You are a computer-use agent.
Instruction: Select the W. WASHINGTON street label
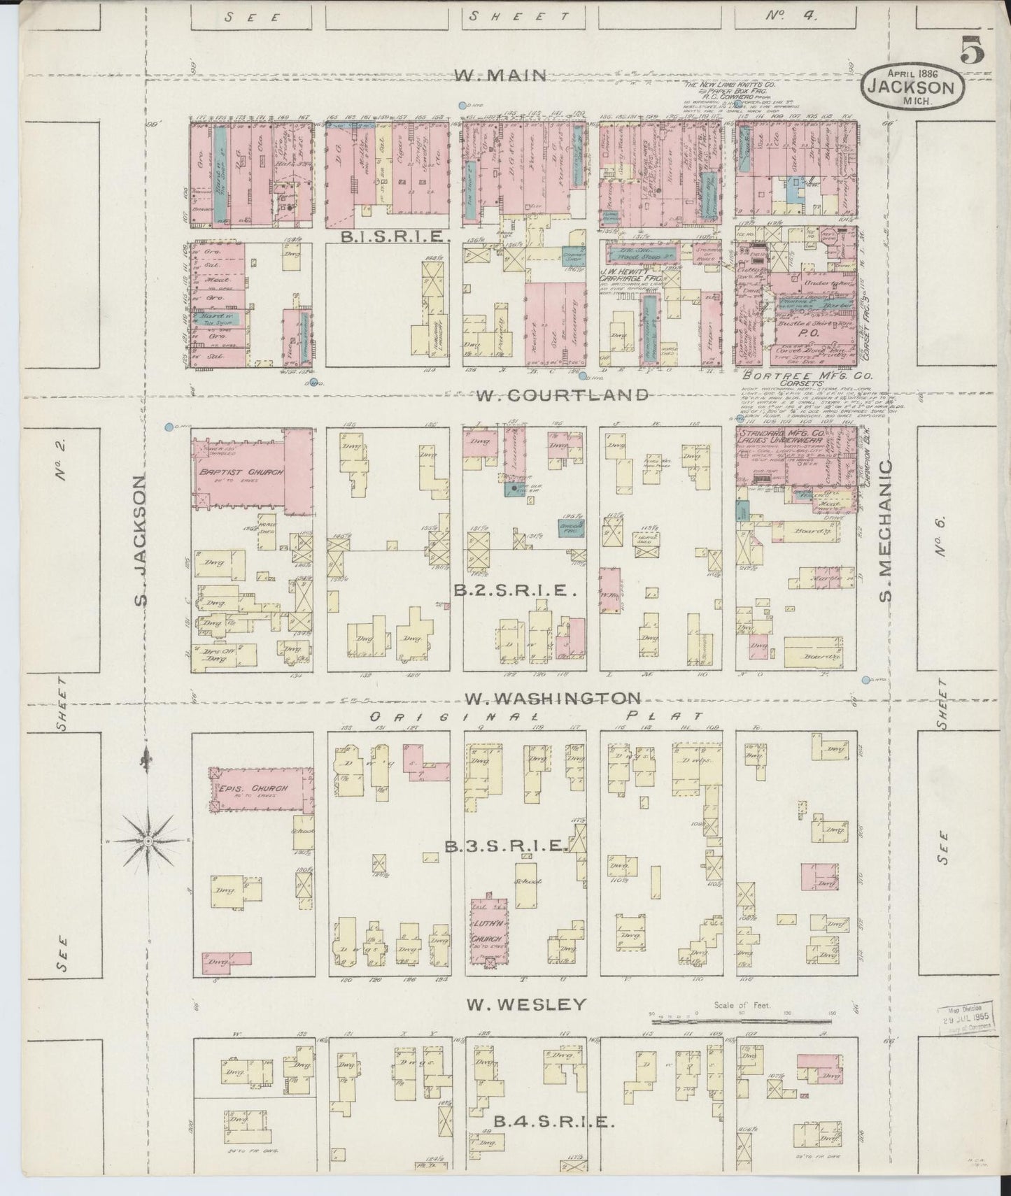click(x=553, y=698)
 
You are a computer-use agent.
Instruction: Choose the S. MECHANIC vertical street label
click(x=886, y=530)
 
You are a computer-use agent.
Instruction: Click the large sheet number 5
click(x=973, y=51)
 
